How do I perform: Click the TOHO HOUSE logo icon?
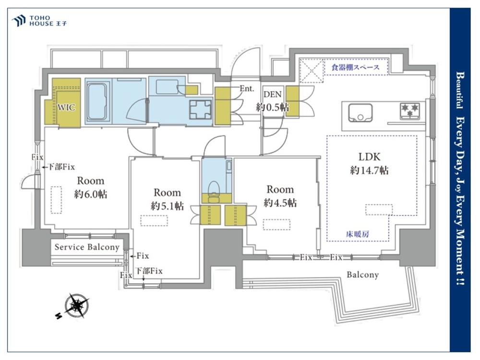point(18,21)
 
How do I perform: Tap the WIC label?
point(66,108)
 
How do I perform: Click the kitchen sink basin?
point(360,113)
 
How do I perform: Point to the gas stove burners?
point(409,111)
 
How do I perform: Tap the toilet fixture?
point(214,191)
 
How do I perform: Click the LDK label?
point(370,157)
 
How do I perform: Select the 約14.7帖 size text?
point(370,170)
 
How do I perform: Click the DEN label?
point(273,94)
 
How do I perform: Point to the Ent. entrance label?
point(247,89)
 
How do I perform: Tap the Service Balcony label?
point(87,247)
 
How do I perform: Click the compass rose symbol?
point(76,306)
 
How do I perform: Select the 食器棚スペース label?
point(355,67)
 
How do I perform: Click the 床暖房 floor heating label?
point(357,235)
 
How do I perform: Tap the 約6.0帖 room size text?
point(91,194)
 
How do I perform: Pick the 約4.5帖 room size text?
point(280,203)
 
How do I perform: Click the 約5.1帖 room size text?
point(167,206)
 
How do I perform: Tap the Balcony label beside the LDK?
point(362,275)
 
